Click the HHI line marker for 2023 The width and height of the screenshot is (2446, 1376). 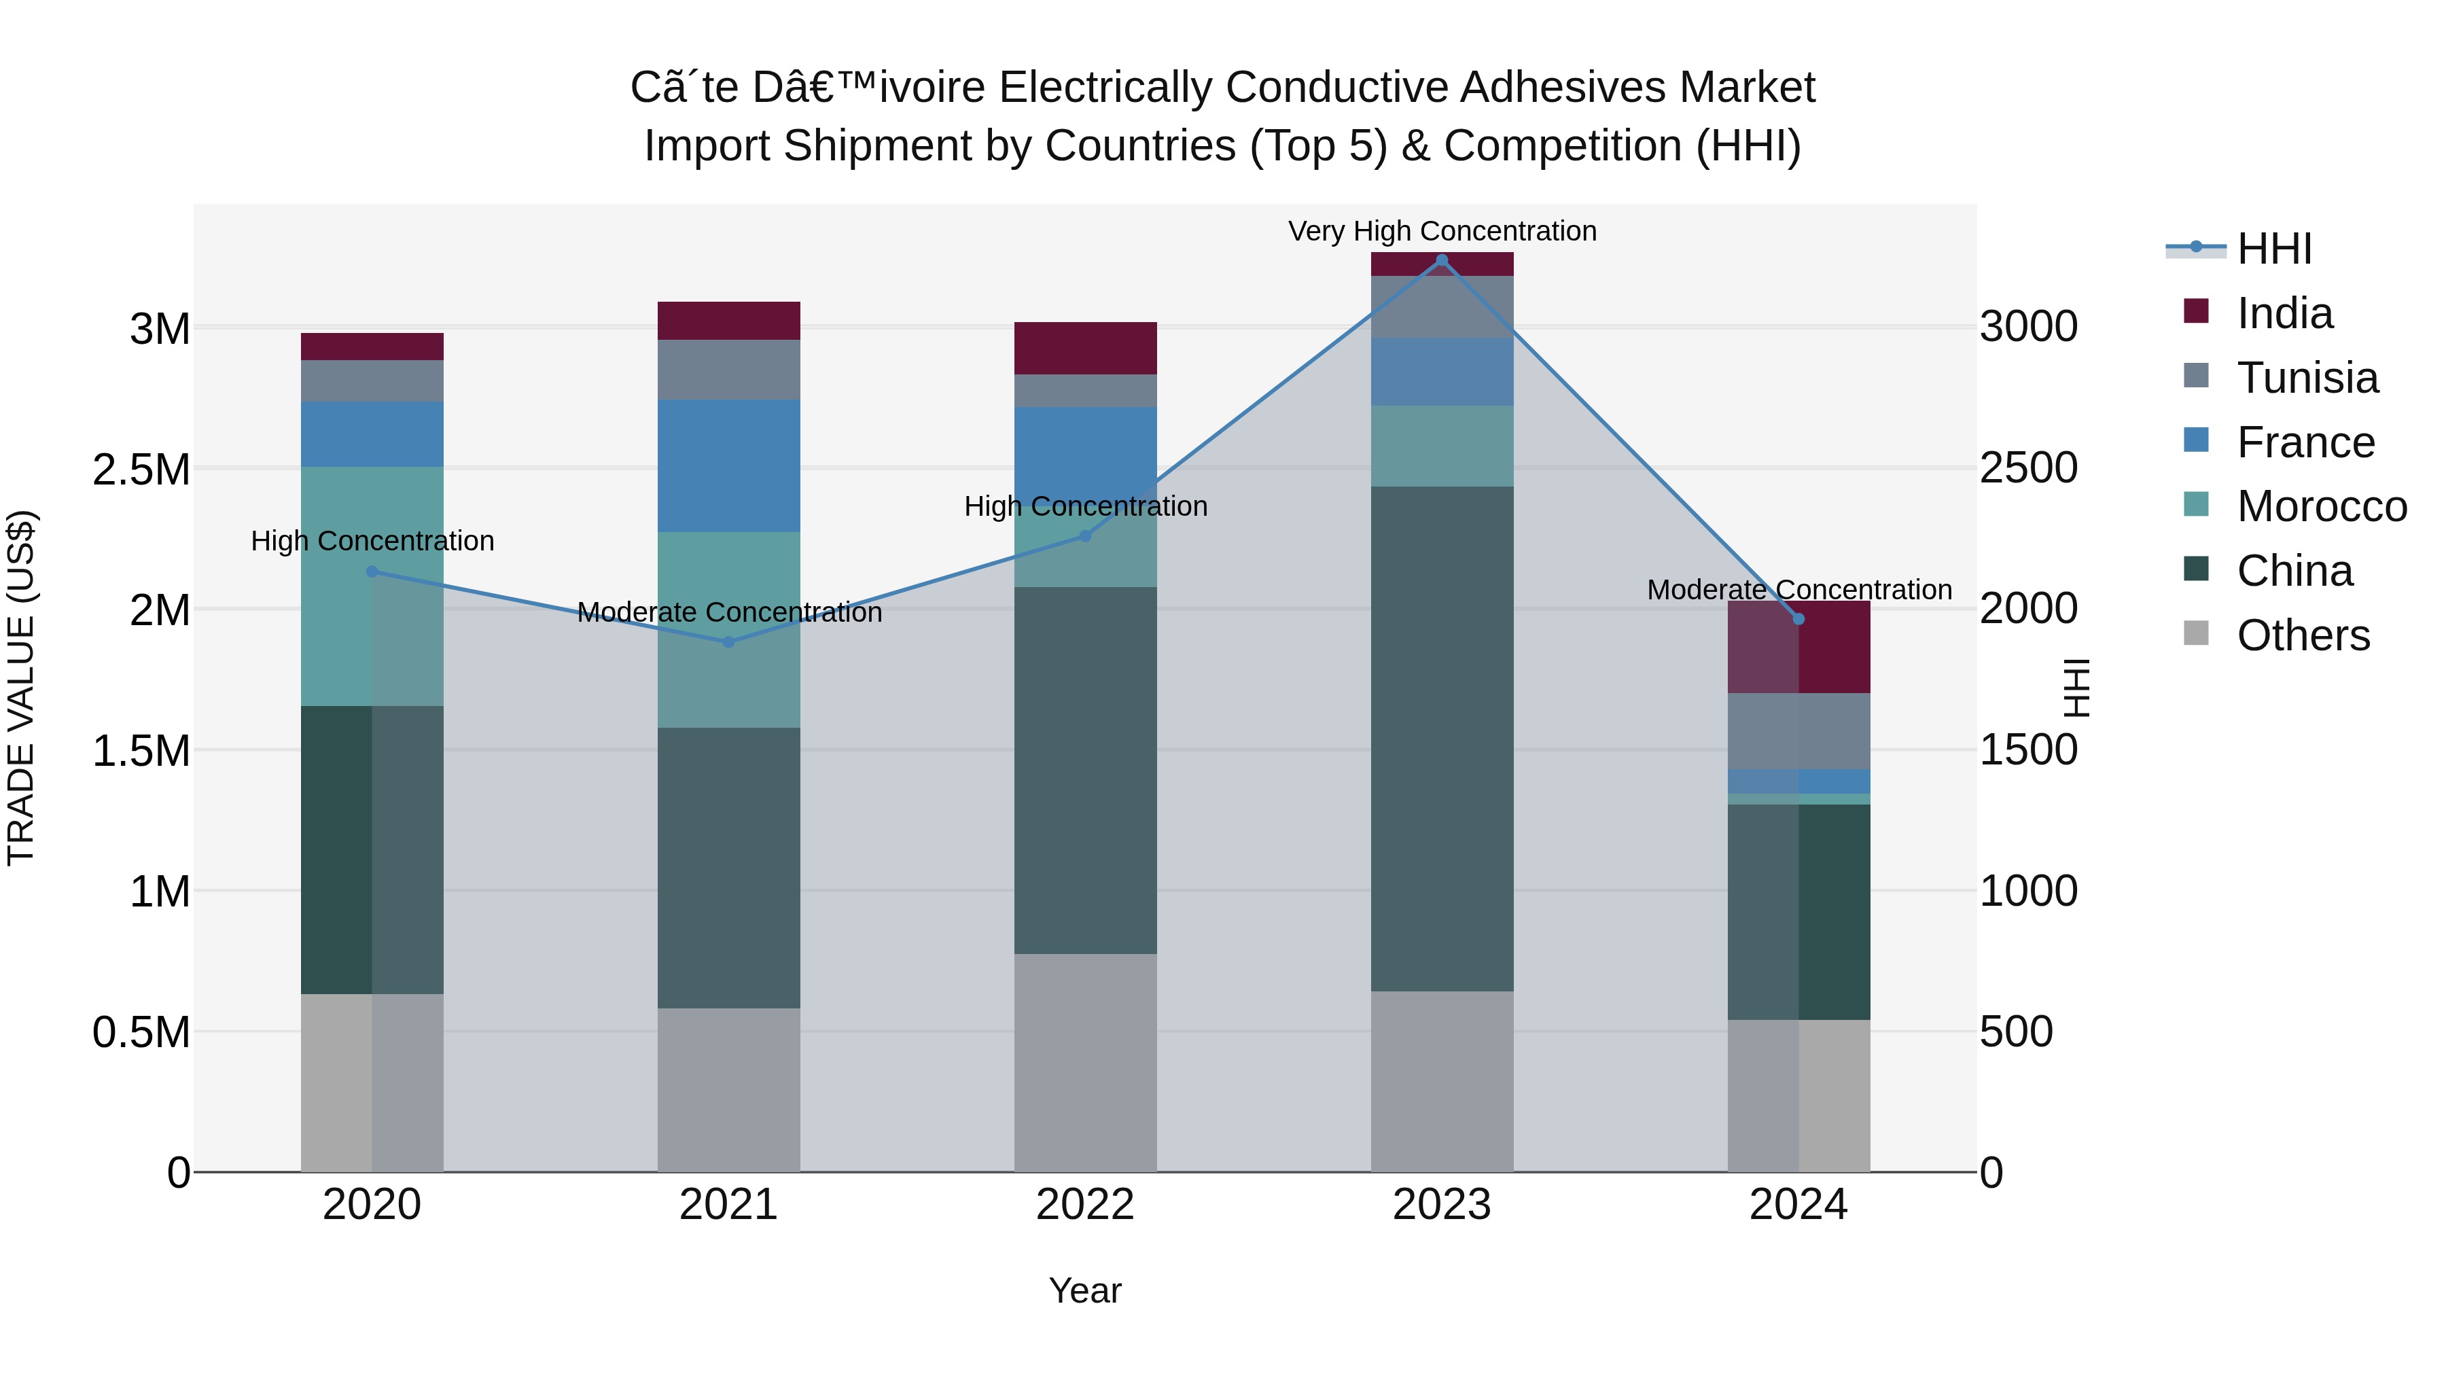[1441, 260]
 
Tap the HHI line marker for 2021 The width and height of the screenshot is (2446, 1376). [728, 642]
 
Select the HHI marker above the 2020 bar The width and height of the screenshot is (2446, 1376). [372, 571]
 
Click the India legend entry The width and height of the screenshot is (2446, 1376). [2283, 313]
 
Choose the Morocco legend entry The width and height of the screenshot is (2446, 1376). [2321, 506]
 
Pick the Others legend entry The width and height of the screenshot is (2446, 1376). [2302, 635]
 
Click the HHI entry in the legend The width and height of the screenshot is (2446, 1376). [2273, 249]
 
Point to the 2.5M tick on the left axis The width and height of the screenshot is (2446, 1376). [141, 469]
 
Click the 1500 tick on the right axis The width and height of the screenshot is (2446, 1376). [2028, 750]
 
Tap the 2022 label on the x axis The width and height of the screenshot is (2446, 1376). [1084, 1205]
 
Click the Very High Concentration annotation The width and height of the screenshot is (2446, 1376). [1441, 231]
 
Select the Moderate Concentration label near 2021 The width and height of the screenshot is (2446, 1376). [729, 612]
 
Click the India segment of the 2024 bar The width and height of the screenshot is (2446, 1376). [1798, 647]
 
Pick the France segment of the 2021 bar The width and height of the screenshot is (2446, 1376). [728, 465]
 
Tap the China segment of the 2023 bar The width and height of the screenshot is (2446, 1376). [1441, 739]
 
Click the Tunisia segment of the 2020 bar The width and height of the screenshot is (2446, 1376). [372, 381]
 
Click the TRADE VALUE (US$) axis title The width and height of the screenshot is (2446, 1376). [21, 688]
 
